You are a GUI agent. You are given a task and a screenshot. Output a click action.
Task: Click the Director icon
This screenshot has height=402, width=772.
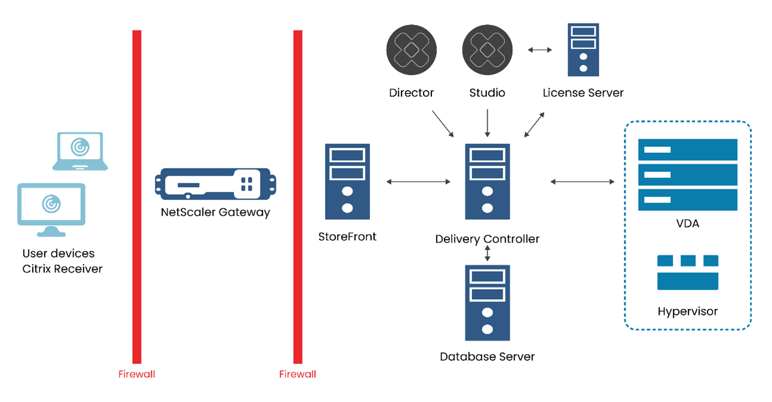411,50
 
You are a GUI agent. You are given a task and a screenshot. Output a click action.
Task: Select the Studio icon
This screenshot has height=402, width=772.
487,50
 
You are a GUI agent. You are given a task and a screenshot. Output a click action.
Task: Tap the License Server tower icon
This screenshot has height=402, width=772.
583,50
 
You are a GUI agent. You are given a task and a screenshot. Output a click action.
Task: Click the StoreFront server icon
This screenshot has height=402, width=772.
347,182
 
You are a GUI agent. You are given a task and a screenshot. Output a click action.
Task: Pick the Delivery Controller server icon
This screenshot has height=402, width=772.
487,182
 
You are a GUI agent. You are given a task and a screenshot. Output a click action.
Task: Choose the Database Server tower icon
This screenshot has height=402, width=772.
487,303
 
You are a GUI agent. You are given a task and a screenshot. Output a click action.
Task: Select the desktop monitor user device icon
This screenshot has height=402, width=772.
51,209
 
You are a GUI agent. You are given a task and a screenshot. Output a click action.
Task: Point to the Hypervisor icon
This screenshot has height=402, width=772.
687,272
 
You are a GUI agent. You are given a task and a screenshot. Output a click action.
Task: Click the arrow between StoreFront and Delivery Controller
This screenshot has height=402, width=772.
418,182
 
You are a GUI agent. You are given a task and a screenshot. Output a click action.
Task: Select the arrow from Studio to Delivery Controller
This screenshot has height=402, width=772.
488,123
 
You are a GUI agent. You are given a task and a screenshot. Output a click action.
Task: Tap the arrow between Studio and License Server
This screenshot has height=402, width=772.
540,50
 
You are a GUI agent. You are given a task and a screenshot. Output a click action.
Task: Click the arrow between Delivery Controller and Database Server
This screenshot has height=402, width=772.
488,253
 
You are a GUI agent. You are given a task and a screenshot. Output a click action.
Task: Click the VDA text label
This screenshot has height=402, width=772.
688,225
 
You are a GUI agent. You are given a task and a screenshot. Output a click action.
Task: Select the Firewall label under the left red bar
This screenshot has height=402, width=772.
136,375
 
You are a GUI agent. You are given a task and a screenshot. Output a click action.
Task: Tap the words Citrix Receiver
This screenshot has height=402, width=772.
62,269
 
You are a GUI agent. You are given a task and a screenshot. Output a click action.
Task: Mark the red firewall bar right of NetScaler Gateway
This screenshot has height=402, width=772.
298,197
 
